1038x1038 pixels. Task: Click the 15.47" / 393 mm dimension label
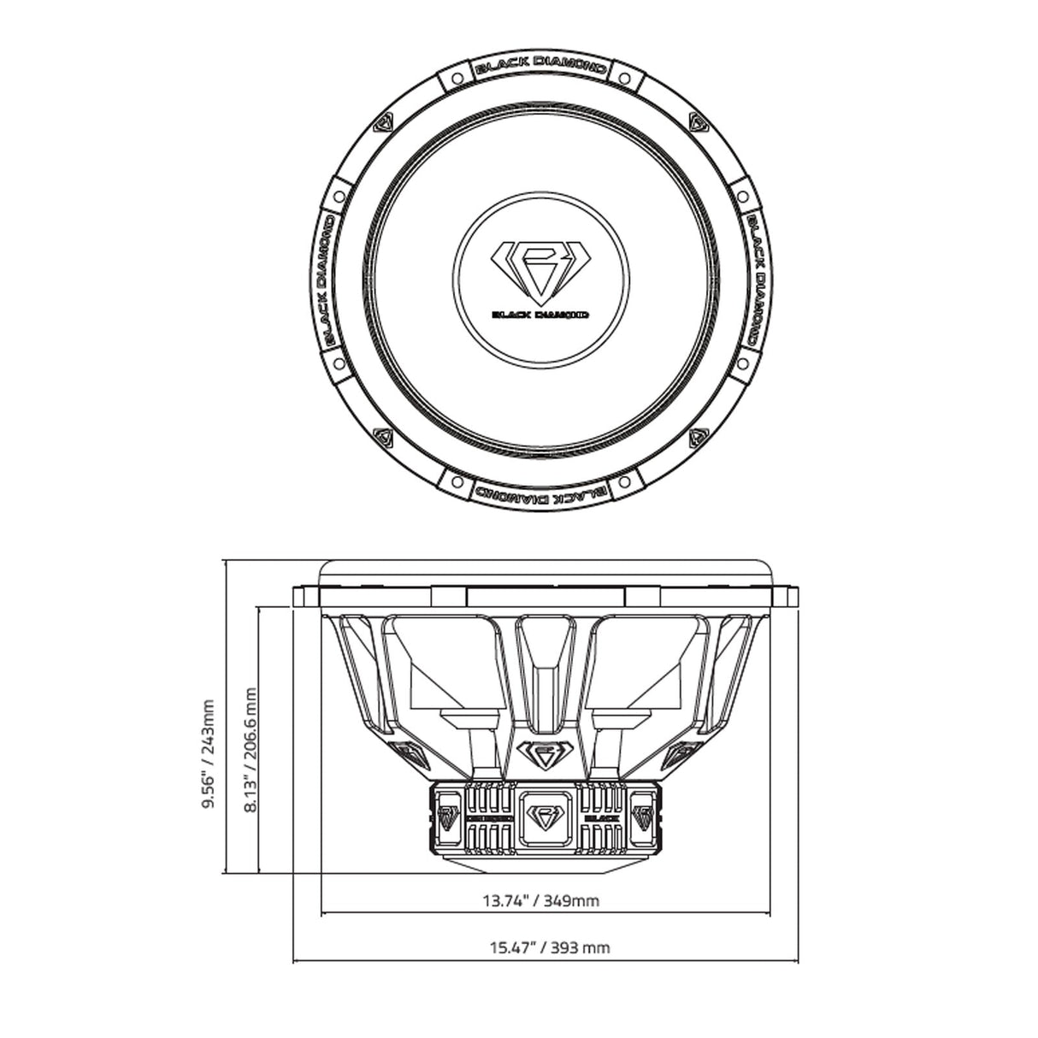[x=550, y=947]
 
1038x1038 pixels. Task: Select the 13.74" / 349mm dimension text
[x=541, y=900]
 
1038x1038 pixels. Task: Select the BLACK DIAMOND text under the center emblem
[x=540, y=314]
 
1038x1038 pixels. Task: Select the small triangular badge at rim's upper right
[x=699, y=124]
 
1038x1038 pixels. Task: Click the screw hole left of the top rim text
[x=457, y=78]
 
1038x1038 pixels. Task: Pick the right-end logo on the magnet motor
[x=644, y=817]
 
